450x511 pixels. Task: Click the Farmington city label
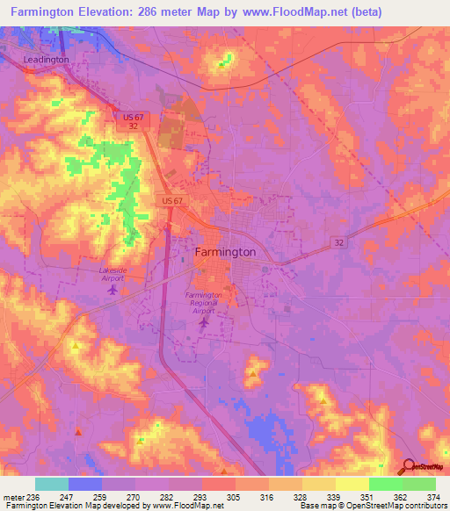[x=224, y=252]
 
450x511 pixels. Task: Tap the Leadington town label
[x=45, y=59]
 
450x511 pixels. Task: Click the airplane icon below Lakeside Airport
[x=112, y=290]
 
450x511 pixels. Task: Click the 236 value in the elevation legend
[x=33, y=496]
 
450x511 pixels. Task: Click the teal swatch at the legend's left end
[x=52, y=484]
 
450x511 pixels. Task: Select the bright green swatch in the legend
[x=385, y=484]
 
